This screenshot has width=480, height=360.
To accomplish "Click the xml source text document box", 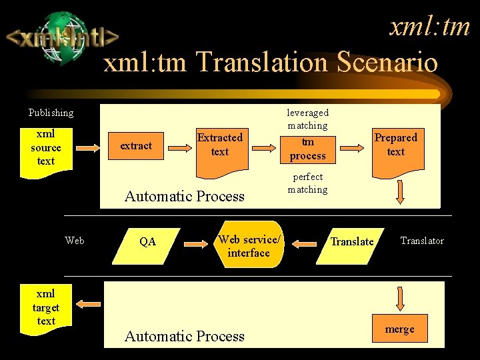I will (46, 148).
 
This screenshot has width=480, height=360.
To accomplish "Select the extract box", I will (136, 145).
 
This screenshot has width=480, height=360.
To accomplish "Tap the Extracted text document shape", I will (219, 147).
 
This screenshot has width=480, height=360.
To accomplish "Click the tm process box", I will (307, 149).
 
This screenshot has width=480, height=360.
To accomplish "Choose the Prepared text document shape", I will (395, 146).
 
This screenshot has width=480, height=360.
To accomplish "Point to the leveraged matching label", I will (307, 119).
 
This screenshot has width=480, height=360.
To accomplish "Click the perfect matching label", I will (307, 183).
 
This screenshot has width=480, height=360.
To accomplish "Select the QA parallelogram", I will (148, 241).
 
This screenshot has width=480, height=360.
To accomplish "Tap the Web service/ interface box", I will (248, 245).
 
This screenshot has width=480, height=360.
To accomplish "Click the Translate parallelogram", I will (352, 241).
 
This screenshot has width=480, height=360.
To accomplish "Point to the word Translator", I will (421, 241).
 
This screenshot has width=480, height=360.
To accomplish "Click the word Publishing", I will (51, 113).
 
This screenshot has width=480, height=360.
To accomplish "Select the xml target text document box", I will (46, 307).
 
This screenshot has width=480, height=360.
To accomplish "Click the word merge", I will (399, 329).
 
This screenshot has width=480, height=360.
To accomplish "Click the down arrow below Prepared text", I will (399, 193).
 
